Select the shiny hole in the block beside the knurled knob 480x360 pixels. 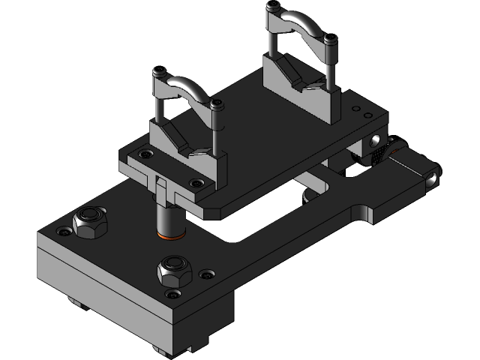(x=373, y=140)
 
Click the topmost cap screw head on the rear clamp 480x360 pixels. (x=270, y=7)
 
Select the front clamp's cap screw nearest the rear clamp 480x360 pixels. (x=217, y=106)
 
